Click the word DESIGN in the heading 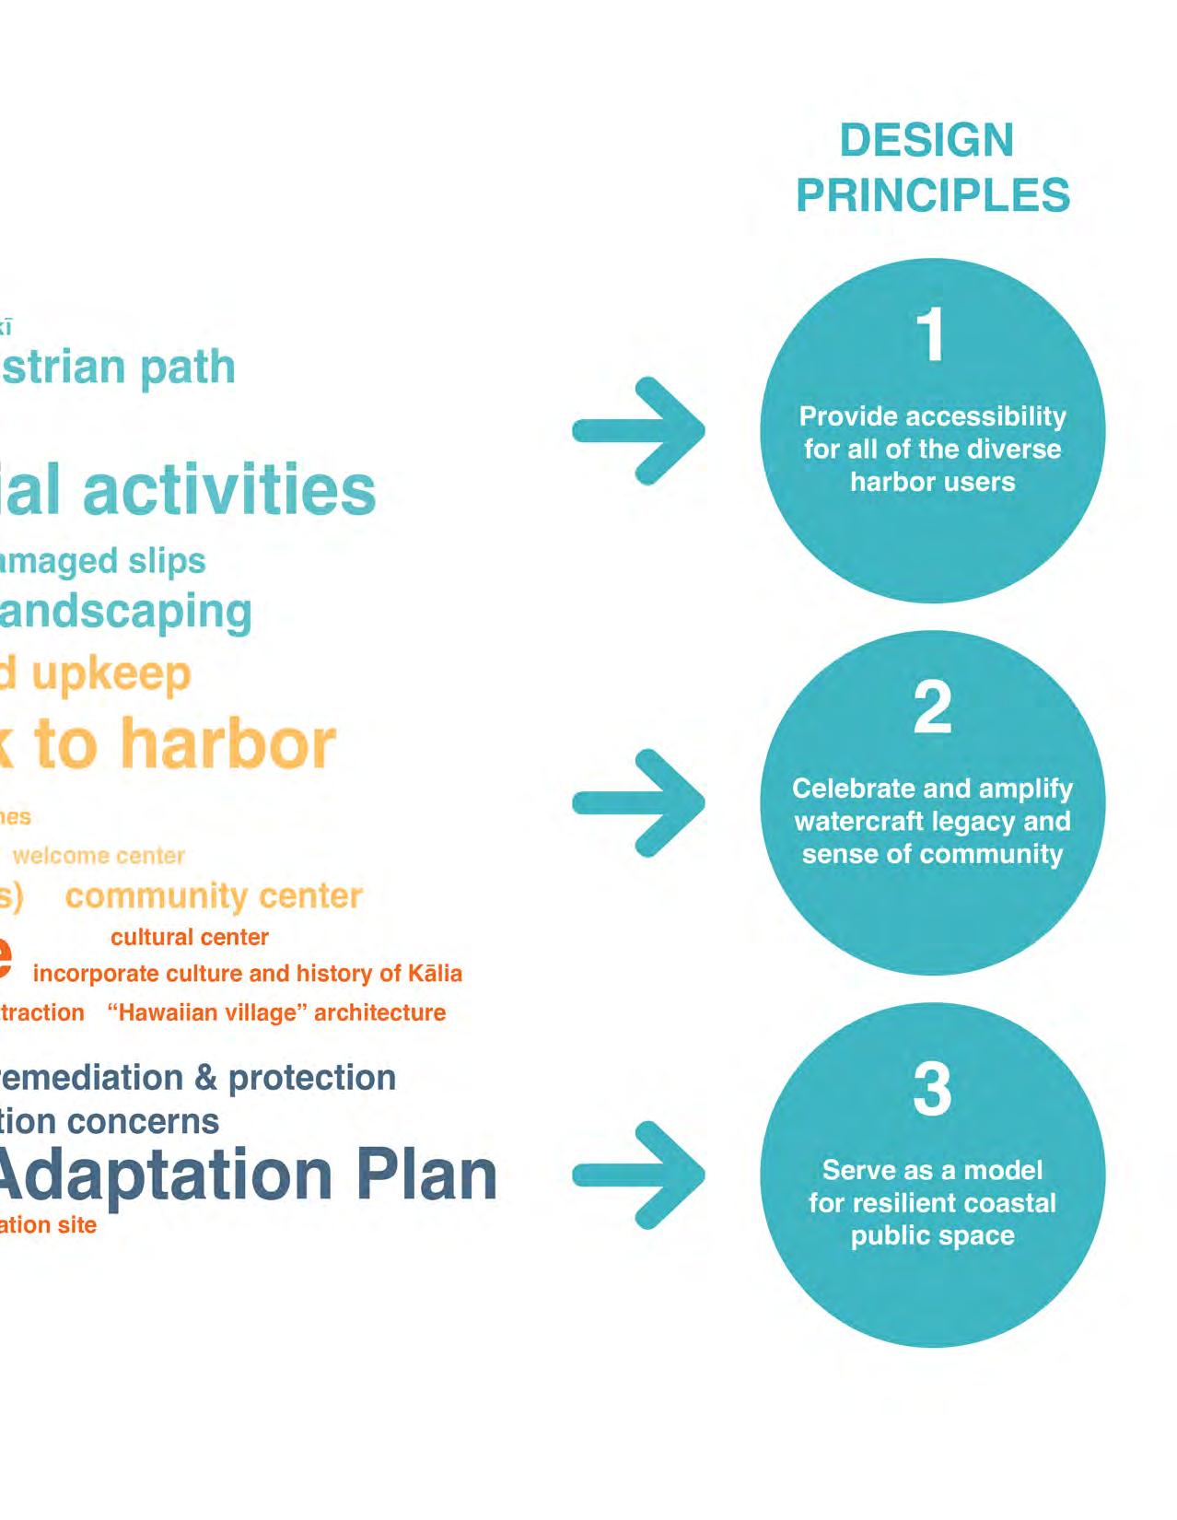click(926, 141)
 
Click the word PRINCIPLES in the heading click(933, 195)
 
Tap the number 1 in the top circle click(932, 334)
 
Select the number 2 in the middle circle click(932, 707)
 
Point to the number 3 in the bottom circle click(932, 1089)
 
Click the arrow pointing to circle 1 click(639, 430)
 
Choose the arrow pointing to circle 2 click(639, 802)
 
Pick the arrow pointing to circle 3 click(639, 1175)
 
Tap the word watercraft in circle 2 click(851, 821)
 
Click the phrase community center click(214, 895)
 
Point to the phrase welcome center click(99, 856)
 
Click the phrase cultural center click(190, 937)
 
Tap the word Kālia click(434, 973)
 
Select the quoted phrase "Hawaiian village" click(207, 1012)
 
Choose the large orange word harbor click(228, 743)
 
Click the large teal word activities click(229, 489)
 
